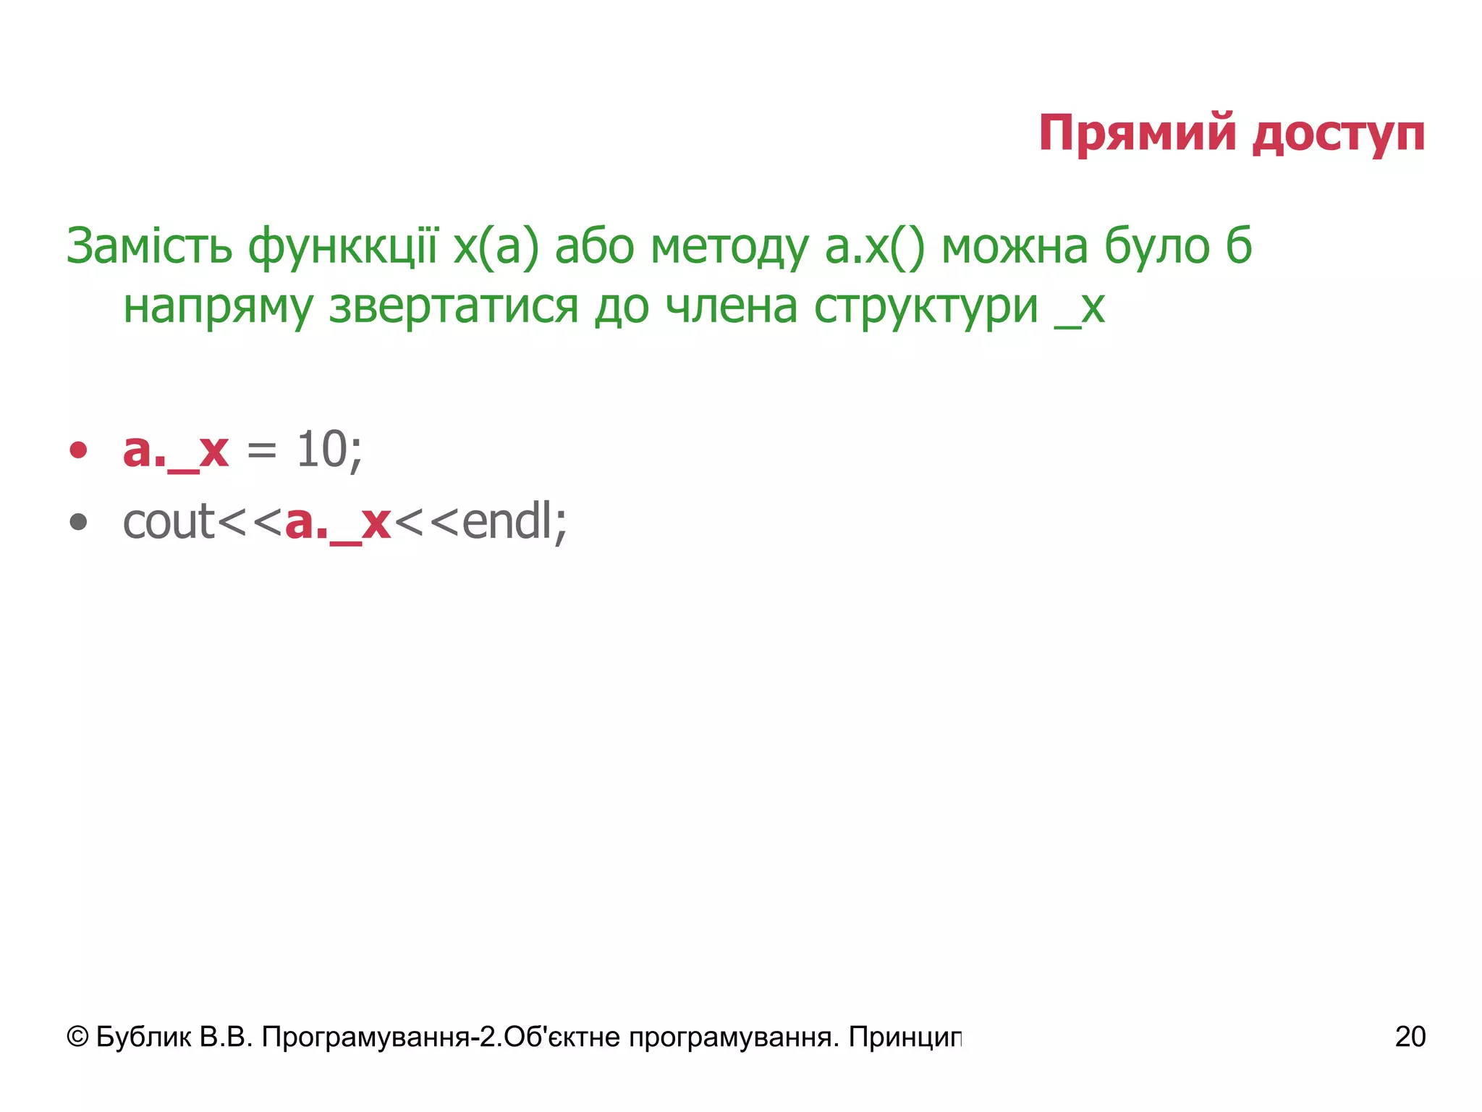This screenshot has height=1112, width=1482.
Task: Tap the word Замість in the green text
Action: (x=149, y=246)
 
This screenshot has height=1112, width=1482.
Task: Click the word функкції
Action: (x=343, y=248)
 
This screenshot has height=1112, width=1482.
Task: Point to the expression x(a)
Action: (x=496, y=248)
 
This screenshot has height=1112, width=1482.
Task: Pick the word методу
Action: (x=729, y=248)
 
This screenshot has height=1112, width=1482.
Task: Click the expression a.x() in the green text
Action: (x=875, y=248)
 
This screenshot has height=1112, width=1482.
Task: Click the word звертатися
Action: (x=454, y=306)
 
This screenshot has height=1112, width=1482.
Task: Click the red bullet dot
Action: (x=78, y=450)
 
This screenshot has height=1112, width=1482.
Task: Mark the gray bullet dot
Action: (x=78, y=522)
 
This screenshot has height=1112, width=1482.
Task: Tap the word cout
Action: (x=169, y=521)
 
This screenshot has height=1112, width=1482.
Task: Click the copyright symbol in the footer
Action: (x=77, y=1037)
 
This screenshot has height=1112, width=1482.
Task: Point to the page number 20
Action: (x=1410, y=1037)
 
